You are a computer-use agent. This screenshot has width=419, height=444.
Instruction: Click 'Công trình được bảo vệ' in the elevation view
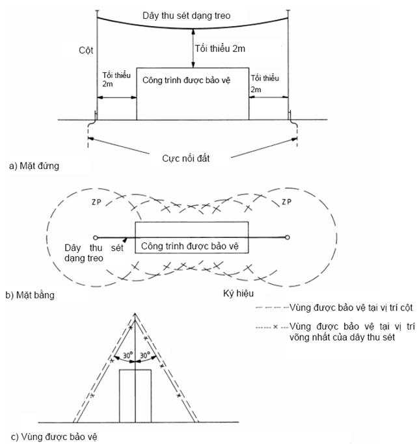tap(192, 79)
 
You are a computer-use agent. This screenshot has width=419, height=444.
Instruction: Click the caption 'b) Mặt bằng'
tap(30, 294)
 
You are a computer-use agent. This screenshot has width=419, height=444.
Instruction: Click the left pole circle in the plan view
tap(96, 237)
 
